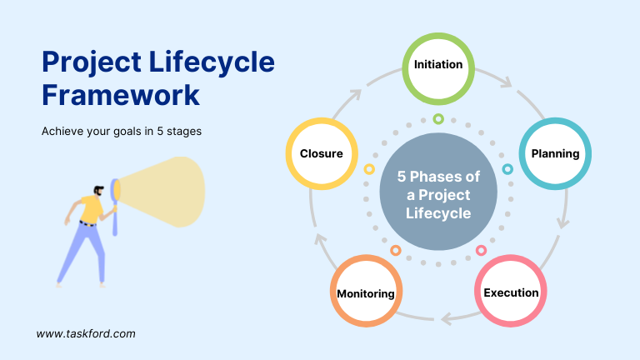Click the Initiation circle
438,65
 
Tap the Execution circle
511,292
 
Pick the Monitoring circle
366,293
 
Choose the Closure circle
322,154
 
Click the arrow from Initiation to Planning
504,81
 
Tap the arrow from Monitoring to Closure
319,240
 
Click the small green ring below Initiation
438,119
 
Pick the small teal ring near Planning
507,169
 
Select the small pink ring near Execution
481,250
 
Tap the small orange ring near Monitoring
396,250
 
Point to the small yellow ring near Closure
369,169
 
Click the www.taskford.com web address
86,333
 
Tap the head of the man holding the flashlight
100,190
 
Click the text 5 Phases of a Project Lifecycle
438,195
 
